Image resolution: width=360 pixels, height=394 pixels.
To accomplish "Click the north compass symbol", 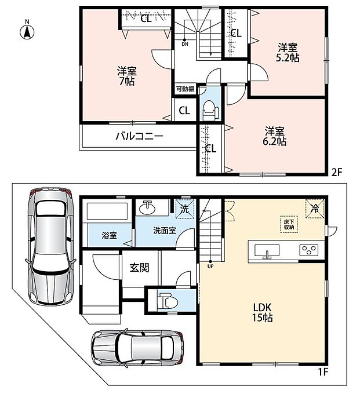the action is click(x=27, y=30).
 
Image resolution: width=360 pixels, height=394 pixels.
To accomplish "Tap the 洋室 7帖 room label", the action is click(x=127, y=76).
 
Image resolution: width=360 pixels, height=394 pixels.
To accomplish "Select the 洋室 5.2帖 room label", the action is click(x=288, y=53).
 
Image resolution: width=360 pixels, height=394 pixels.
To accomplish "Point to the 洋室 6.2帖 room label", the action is click(x=275, y=136).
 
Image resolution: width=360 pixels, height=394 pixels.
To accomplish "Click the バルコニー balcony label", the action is click(x=140, y=136).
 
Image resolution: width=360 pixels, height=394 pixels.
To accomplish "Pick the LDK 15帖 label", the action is click(x=262, y=312).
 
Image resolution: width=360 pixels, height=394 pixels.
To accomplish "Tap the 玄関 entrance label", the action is click(x=140, y=268).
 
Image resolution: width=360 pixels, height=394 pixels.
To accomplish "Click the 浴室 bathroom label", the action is click(x=110, y=235).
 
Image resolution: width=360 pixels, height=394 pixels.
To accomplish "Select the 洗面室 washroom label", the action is click(x=165, y=231).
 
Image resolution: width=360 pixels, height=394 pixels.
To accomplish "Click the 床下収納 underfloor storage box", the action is click(x=289, y=224).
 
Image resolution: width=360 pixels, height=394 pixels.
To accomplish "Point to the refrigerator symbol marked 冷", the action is click(x=315, y=209).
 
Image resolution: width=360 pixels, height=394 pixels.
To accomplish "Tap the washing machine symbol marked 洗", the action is click(x=185, y=209).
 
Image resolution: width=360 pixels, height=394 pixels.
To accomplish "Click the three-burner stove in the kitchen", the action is click(x=309, y=250).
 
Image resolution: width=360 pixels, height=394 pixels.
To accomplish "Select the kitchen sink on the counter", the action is click(x=267, y=251).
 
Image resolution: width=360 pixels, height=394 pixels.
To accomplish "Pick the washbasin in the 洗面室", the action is click(x=147, y=208).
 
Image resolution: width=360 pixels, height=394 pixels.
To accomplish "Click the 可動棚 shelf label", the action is click(x=185, y=89).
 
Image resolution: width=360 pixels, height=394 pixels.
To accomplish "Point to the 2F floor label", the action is click(x=337, y=173).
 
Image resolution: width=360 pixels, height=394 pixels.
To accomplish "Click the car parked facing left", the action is click(x=137, y=348).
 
